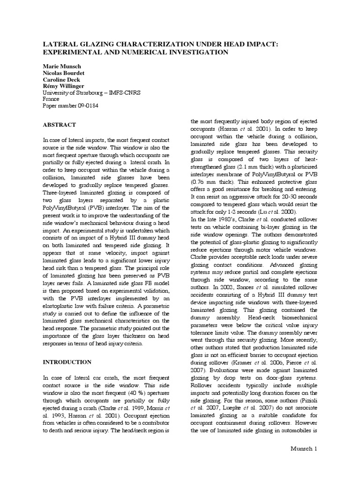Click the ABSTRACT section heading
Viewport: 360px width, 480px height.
coord(60,125)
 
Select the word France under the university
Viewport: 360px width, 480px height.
coord(52,99)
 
